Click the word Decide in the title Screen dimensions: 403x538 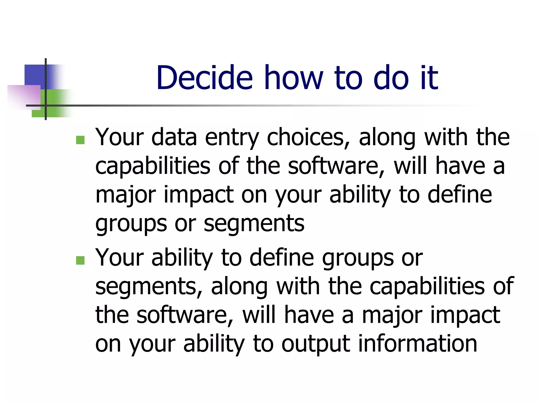(204, 78)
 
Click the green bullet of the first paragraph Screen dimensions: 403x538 (80, 140)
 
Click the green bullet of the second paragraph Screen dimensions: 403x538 (80, 260)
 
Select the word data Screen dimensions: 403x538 (174, 137)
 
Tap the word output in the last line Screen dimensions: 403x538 (315, 344)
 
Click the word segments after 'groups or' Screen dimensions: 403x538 (254, 224)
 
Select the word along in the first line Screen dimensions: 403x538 (387, 138)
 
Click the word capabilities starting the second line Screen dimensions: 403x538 (153, 166)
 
